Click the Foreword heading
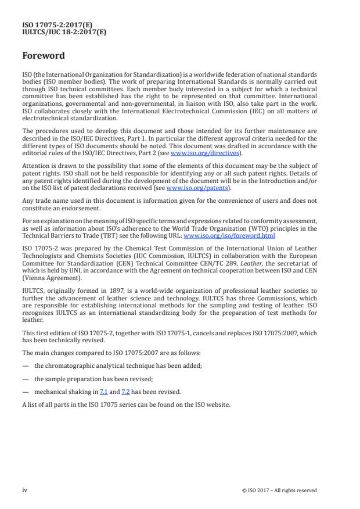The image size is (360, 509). (x=44, y=56)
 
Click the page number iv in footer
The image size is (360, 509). (x=25, y=490)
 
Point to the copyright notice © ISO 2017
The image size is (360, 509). (x=279, y=490)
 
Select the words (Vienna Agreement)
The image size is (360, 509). (x=48, y=278)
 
